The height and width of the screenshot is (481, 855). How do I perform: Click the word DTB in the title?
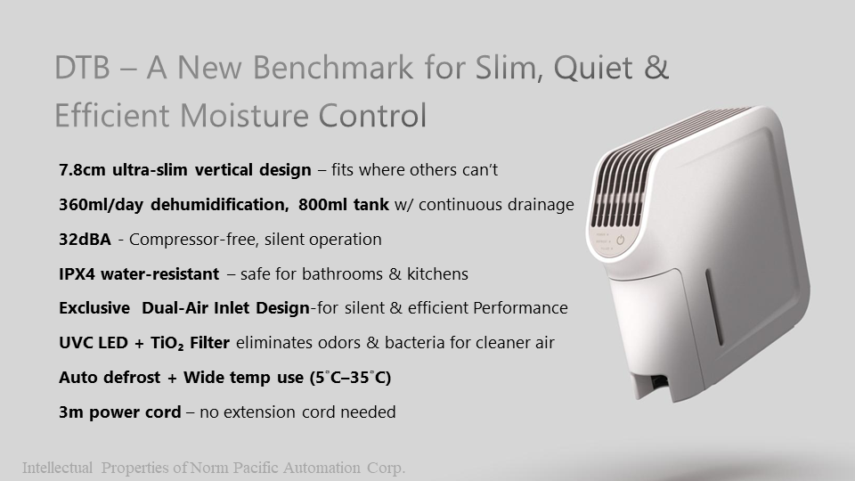tap(82, 68)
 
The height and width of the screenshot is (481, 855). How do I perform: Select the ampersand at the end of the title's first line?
tap(655, 68)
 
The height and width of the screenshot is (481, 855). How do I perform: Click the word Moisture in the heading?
tap(244, 115)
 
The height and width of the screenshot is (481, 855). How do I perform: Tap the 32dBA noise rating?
tap(85, 240)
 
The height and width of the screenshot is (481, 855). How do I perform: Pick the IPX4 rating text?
tap(77, 273)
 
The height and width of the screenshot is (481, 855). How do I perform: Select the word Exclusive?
tap(94, 308)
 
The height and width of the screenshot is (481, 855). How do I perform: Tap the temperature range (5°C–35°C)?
tap(350, 378)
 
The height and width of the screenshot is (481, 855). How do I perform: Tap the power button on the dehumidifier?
tap(621, 240)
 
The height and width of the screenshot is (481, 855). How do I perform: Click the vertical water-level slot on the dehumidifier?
tap(714, 306)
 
